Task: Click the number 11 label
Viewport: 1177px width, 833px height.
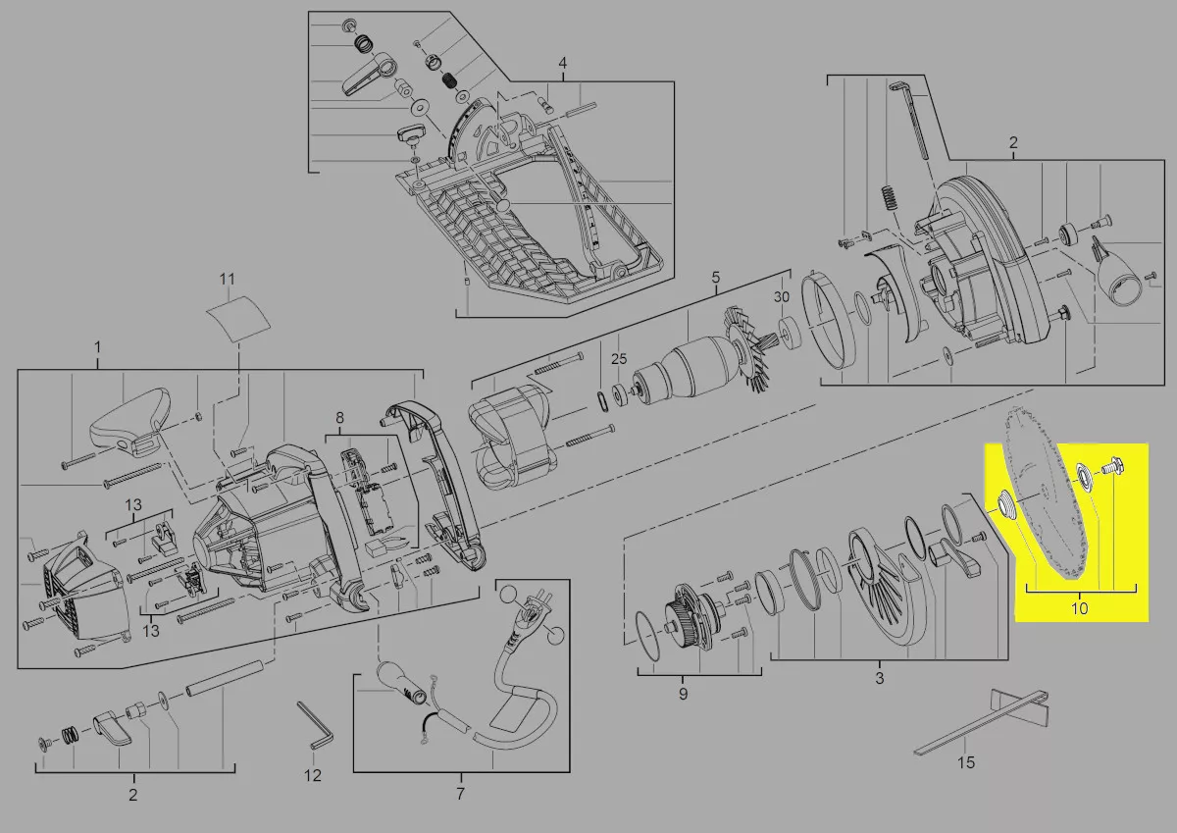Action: click(227, 279)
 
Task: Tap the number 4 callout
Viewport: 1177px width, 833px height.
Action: click(563, 63)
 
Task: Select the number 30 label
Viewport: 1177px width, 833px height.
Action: click(782, 297)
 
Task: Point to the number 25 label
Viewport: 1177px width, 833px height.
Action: click(619, 359)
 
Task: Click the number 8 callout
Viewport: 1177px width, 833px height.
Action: click(340, 418)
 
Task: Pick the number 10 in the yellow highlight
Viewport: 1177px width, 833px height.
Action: click(1079, 608)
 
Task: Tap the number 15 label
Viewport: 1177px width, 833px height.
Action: click(966, 762)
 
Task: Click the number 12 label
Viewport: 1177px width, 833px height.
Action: click(313, 775)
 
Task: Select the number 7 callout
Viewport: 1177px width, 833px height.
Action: click(460, 794)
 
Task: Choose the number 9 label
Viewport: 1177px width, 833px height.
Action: click(683, 694)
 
